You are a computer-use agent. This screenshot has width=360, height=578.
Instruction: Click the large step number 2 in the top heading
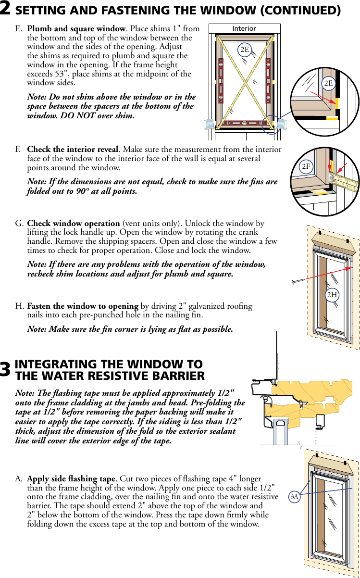pyautogui.click(x=6, y=10)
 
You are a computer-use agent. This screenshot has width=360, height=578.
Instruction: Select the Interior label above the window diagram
pyautogui.click(x=244, y=28)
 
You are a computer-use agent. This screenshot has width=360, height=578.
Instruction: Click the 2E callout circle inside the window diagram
pyautogui.click(x=245, y=49)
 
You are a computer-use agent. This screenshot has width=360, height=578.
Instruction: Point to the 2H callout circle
pyautogui.click(x=332, y=294)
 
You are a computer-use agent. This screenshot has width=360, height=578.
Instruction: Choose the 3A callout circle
pyautogui.click(x=295, y=496)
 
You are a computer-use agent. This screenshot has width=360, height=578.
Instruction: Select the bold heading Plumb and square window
pyautogui.click(x=77, y=29)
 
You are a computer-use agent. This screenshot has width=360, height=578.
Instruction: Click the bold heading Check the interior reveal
pyautogui.click(x=72, y=150)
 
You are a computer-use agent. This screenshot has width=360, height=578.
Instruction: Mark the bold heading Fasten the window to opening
pyautogui.click(x=83, y=306)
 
